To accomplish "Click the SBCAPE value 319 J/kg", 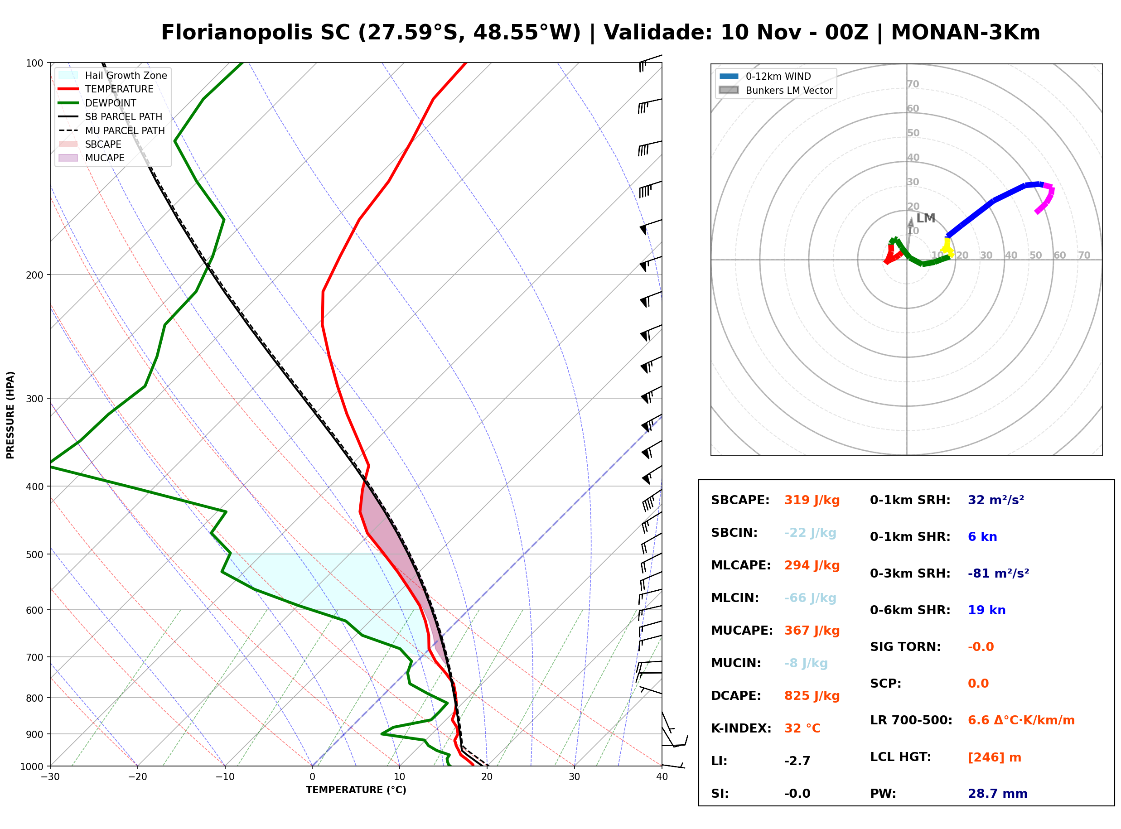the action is [812, 500].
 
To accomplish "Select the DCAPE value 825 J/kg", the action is [812, 696].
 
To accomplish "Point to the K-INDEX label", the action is [741, 728].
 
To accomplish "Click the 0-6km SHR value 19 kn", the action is [986, 610].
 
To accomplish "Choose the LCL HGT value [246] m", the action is [994, 757].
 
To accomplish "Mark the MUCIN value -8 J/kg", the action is [806, 663].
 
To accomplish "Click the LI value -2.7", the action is [797, 761].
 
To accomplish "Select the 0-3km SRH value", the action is [998, 574].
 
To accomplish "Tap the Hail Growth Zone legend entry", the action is [113, 75].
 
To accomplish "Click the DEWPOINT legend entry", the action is [97, 103].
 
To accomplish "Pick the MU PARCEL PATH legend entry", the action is [111, 130].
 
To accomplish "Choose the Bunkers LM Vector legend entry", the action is [776, 90].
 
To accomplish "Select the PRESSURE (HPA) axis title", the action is [10, 415].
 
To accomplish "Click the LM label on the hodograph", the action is [925, 218].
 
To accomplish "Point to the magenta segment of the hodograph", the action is [1046, 198].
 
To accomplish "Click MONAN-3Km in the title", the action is [966, 33].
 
